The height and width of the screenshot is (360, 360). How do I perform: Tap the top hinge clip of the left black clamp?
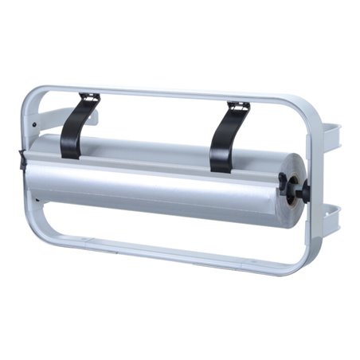(90, 99)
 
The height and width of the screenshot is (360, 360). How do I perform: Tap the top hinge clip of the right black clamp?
(238, 105)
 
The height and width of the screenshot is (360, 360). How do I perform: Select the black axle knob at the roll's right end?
(303, 190)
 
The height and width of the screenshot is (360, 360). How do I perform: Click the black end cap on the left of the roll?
(23, 160)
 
